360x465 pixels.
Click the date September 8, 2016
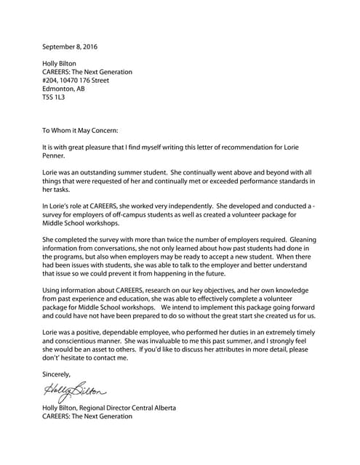pyautogui.click(x=70, y=47)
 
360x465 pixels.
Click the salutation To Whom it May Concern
pyautogui.click(x=80, y=131)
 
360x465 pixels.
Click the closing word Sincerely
pyautogui.click(x=57, y=373)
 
